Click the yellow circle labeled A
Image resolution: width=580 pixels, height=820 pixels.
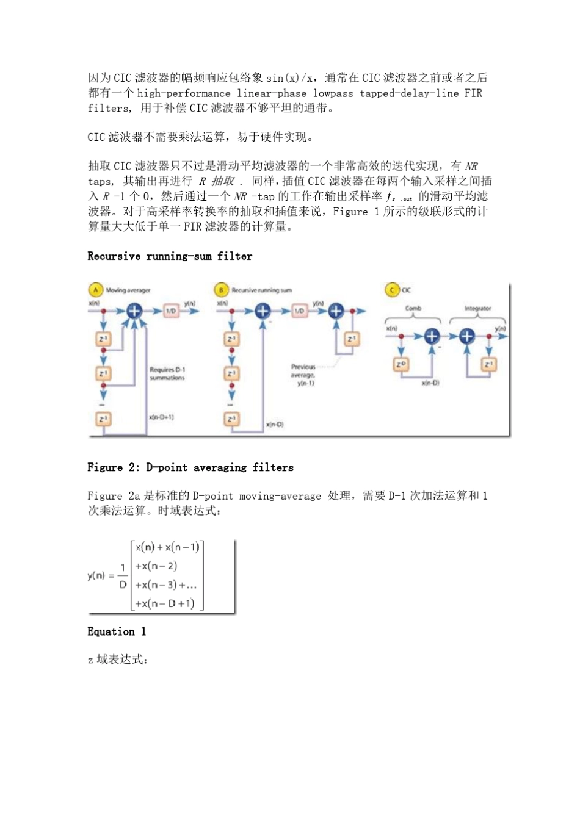[x=96, y=290]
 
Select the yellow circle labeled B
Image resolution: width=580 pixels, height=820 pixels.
[x=222, y=290]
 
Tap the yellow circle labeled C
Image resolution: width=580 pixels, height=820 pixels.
[x=392, y=290]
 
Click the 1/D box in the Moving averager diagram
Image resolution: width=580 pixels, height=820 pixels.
[x=172, y=311]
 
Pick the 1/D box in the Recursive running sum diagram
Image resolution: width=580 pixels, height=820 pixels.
[x=299, y=311]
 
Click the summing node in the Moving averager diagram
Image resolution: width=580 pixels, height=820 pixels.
[x=134, y=311]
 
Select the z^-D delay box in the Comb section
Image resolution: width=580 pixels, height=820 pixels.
[x=401, y=364]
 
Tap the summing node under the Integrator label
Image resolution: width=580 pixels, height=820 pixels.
[x=467, y=336]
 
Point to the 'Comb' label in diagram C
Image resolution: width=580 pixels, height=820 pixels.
[x=413, y=308]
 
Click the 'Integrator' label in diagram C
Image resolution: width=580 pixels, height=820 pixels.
[x=477, y=308]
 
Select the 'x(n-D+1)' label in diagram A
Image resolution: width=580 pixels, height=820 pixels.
[x=161, y=417]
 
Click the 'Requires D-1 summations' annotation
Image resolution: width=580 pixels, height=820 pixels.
[x=167, y=374]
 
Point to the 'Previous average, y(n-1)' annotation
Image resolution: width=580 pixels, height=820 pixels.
[x=303, y=375]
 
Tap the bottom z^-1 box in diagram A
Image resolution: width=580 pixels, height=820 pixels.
[x=103, y=419]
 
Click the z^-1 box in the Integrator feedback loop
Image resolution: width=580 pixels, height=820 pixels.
[x=488, y=364]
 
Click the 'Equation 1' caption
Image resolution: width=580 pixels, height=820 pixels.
[x=117, y=631]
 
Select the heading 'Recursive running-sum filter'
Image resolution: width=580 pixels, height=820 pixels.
[x=170, y=256]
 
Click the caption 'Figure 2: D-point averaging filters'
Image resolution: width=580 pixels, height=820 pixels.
[x=190, y=467]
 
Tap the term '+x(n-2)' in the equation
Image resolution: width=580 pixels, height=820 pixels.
[x=156, y=566]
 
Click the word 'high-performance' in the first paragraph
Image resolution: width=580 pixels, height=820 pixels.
[x=184, y=93]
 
